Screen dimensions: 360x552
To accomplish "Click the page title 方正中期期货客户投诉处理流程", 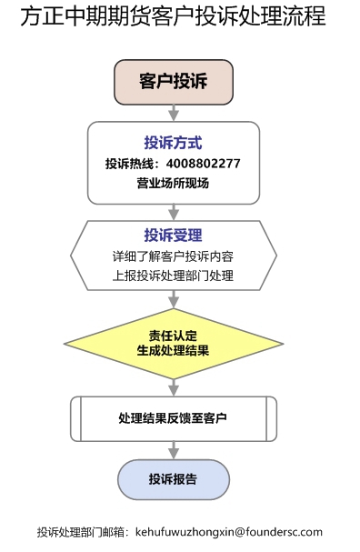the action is [173, 16].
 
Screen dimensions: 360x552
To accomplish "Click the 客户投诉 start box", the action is [173, 82].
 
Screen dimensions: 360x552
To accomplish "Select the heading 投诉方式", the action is [173, 143].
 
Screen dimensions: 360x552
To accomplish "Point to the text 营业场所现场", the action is [173, 184].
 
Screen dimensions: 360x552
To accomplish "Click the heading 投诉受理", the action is [173, 236].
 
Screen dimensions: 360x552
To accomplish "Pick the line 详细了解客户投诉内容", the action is [173, 256].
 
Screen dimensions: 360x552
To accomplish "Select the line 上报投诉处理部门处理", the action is [173, 276].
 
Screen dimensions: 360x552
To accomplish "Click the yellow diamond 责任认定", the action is [173, 334].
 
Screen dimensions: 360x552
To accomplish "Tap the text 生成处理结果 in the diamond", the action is [173, 350].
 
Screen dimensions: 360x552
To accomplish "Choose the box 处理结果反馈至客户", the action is [173, 418].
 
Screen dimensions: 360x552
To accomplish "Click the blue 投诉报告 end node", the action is [173, 478].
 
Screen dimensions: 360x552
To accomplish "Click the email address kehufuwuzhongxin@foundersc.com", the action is [228, 532].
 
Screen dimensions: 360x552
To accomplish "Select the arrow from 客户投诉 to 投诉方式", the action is [173, 113].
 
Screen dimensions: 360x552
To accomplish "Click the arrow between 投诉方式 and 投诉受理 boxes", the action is [173, 211].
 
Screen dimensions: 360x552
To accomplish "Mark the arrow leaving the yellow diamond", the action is [173, 385].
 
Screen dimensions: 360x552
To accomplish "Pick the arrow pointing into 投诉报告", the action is [173, 449].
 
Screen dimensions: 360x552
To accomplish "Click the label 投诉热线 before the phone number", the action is [130, 164].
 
